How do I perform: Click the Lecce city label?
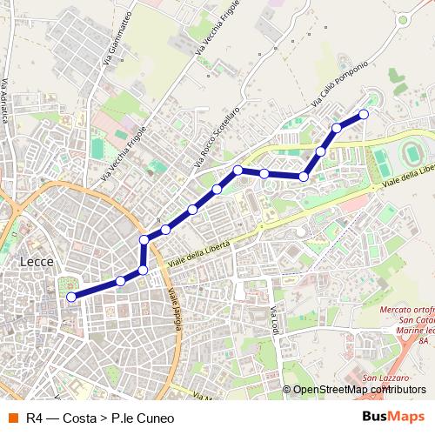(37, 261)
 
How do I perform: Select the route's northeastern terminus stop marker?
(364, 114)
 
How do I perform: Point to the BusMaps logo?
(393, 418)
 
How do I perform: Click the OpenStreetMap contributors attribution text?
(359, 390)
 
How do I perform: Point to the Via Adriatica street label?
(6, 100)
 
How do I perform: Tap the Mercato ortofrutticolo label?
(408, 311)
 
